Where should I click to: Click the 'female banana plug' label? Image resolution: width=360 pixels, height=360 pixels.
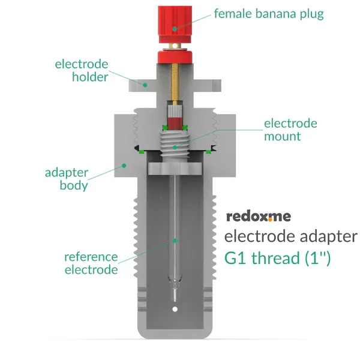pyautogui.click(x=268, y=14)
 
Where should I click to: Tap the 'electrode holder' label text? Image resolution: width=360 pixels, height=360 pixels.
pyautogui.click(x=82, y=70)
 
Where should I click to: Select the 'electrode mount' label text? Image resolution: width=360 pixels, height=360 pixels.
pyautogui.click(x=290, y=130)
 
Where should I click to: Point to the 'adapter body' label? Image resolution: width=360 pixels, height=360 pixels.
pyautogui.click(x=67, y=179)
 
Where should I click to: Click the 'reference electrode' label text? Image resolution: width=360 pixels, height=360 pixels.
pyautogui.click(x=91, y=263)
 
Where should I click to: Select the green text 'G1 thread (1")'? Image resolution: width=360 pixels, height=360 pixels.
pyautogui.click(x=277, y=259)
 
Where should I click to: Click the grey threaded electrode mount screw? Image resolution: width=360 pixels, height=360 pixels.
pyautogui.click(x=175, y=145)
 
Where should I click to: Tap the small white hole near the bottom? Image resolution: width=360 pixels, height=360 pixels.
pyautogui.click(x=175, y=309)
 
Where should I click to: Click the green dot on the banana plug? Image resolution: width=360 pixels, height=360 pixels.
pyautogui.click(x=174, y=28)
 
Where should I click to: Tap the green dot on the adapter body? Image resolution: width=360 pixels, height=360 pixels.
pyautogui.click(x=124, y=165)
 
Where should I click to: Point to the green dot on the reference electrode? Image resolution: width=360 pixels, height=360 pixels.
pyautogui.click(x=175, y=241)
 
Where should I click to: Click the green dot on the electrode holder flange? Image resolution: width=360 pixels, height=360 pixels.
pyautogui.click(x=144, y=85)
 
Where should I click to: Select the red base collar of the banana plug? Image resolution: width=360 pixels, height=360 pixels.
pyautogui.click(x=174, y=56)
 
